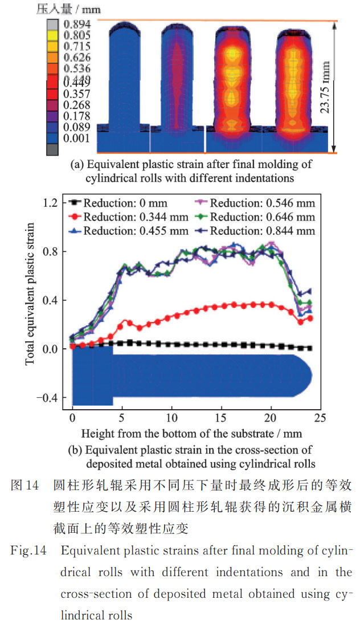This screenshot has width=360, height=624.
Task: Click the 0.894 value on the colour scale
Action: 77,25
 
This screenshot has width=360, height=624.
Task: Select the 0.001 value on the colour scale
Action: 77,137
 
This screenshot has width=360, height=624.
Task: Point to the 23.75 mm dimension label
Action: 325,87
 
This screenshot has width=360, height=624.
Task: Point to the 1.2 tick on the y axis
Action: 51,202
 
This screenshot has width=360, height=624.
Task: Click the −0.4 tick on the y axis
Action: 48,398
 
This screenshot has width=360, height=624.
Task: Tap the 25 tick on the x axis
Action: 320,417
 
